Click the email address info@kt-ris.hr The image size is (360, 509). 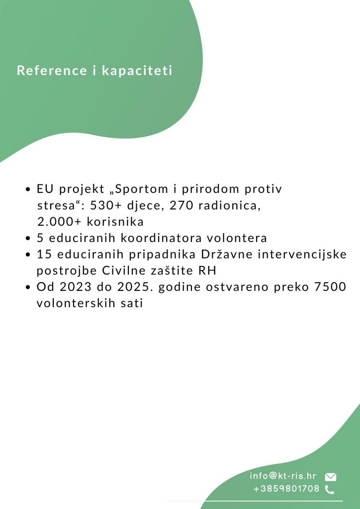tap(283, 476)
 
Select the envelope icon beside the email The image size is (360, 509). tap(331, 477)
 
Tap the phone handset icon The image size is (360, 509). tap(329, 490)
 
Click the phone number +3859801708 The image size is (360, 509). tap(286, 489)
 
